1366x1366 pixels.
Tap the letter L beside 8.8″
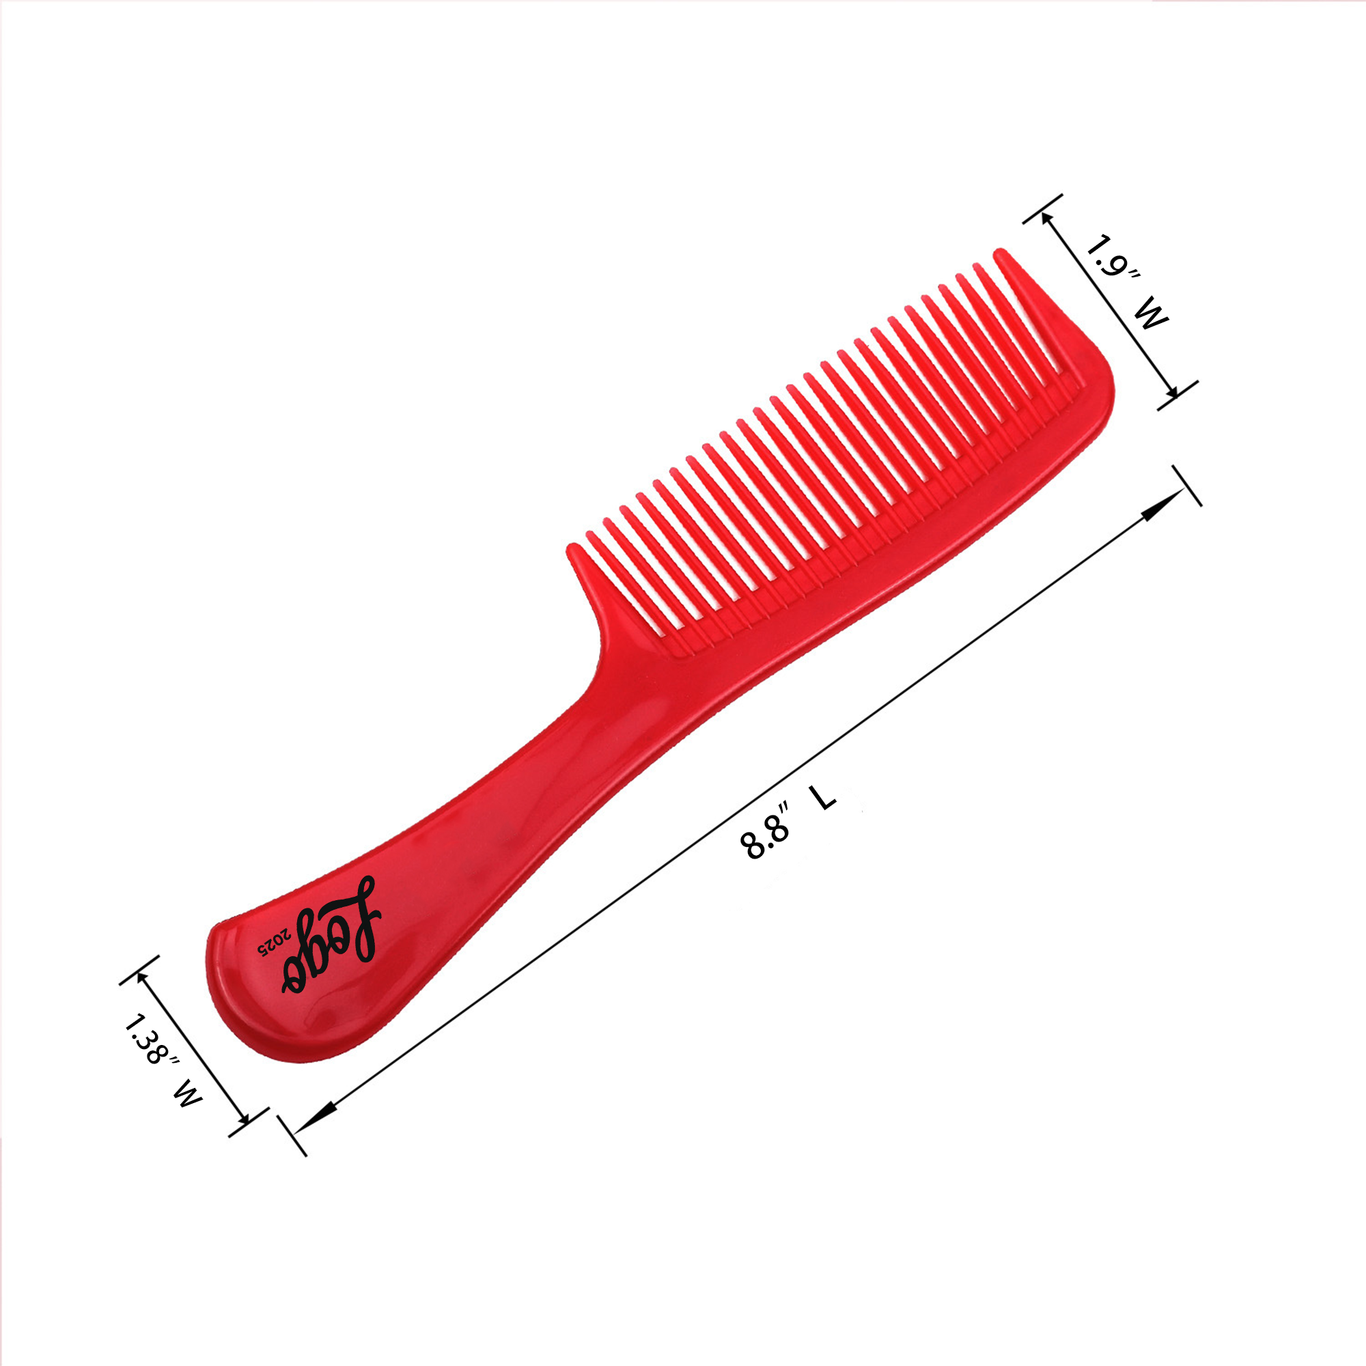(x=824, y=798)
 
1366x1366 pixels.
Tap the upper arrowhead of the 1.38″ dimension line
(x=143, y=973)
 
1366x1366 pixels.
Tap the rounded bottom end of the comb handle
(x=234, y=1004)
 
